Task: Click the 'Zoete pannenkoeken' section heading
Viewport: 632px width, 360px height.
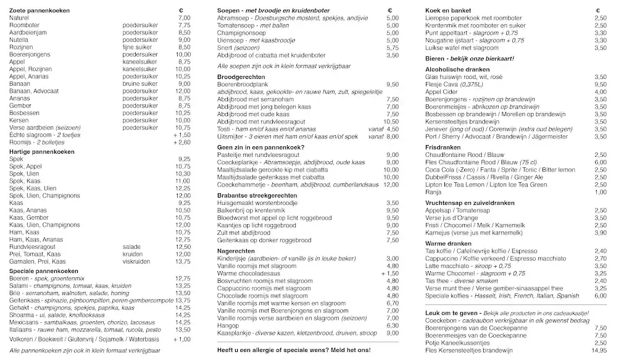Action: point(39,10)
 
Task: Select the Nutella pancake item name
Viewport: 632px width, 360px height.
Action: point(19,40)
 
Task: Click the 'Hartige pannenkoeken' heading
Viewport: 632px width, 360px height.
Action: point(42,151)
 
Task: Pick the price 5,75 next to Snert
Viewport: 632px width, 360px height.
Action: point(392,48)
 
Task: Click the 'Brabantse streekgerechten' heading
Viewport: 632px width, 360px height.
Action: point(257,195)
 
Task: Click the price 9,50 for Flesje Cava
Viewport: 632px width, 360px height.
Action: point(600,84)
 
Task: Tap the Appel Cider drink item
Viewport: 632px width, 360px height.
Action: point(442,91)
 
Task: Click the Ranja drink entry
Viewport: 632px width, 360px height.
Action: point(433,192)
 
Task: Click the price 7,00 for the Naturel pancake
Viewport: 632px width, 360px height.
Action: point(184,18)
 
